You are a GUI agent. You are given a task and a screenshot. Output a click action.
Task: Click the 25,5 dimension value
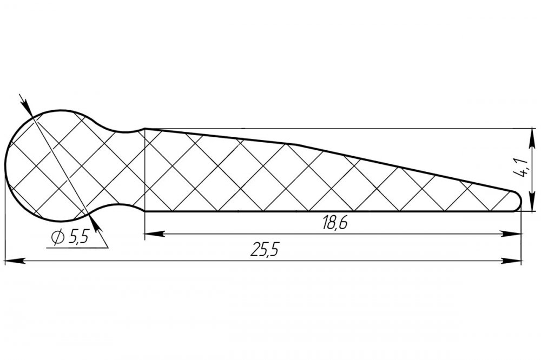pyautogui.click(x=265, y=249)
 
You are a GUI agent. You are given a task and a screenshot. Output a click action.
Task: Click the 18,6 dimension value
pyautogui.click(x=335, y=223)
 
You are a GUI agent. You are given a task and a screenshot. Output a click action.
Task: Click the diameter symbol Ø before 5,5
pyautogui.click(x=58, y=237)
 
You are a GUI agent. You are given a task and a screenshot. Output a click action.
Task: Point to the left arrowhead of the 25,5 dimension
pyautogui.click(x=15, y=261)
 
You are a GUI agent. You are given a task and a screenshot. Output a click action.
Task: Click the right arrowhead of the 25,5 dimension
pyautogui.click(x=511, y=261)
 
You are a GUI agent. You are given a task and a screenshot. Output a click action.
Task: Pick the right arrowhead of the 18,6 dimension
pyautogui.click(x=511, y=235)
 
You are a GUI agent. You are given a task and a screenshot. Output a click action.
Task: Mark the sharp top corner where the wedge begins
pyautogui.click(x=145, y=129)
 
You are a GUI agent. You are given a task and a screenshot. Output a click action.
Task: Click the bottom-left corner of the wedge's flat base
pyautogui.click(x=145, y=211)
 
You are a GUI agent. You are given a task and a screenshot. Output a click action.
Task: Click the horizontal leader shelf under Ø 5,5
pyautogui.click(x=77, y=248)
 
